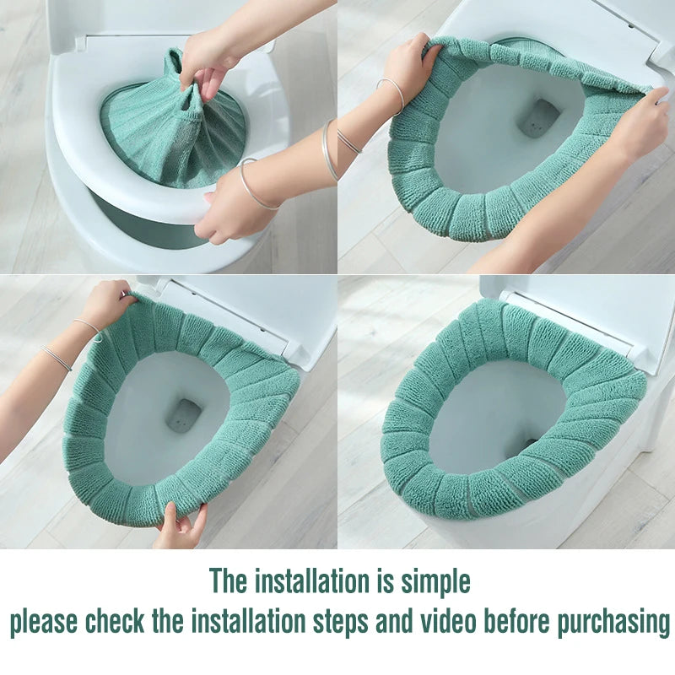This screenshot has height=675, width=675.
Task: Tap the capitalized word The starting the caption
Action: (229, 581)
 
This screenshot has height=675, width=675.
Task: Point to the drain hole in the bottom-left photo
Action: (184, 415)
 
